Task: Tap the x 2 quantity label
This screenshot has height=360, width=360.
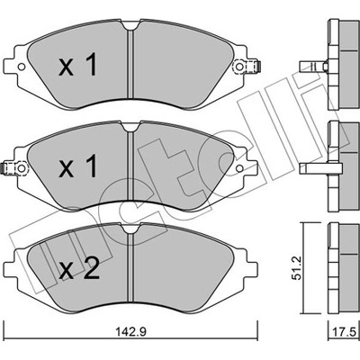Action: (79, 269)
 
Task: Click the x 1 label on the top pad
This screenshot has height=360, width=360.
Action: (78, 64)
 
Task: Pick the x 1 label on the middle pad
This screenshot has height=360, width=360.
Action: (78, 166)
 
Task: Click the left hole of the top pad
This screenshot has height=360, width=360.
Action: (22, 67)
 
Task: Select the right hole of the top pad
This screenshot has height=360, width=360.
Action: (239, 67)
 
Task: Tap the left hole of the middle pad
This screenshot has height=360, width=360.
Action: (22, 168)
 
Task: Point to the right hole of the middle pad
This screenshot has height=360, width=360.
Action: (238, 168)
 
